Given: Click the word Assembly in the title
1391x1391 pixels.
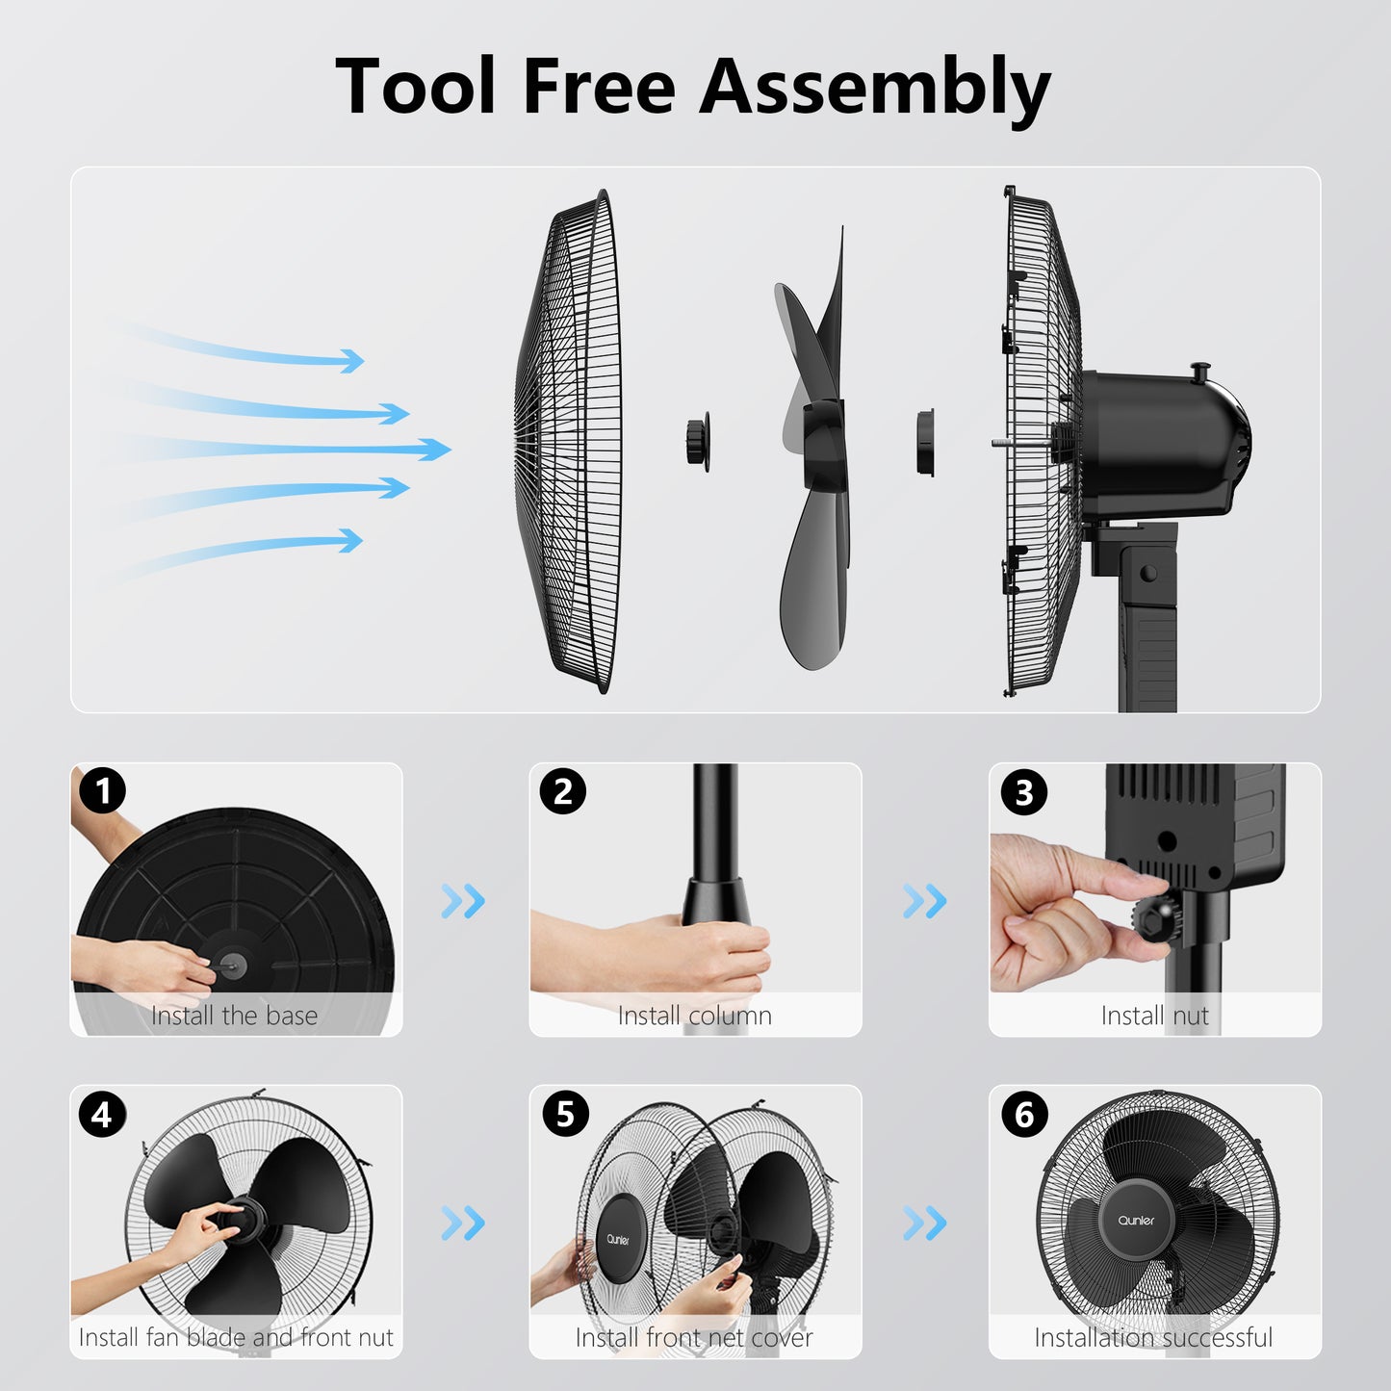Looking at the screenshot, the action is [875, 88].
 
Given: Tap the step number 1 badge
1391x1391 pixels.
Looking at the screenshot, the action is [102, 790].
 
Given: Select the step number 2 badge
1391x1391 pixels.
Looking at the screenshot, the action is [563, 791].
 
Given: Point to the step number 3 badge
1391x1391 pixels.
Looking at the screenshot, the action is [1023, 792].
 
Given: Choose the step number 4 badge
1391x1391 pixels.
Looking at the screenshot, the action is [102, 1115].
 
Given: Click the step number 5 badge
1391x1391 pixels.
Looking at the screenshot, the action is [565, 1113].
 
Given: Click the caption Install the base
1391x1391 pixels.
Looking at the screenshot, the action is [235, 1016].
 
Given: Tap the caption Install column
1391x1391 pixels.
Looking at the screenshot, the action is [694, 1016].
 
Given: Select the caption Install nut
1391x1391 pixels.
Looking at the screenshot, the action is [1155, 1016].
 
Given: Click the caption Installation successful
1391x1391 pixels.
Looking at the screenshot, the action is [1153, 1338].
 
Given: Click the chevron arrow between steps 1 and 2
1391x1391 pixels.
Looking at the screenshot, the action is [463, 901].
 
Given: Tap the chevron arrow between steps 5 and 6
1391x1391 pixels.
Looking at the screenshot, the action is [925, 1223].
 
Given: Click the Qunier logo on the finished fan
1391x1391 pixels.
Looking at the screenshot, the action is [1136, 1221].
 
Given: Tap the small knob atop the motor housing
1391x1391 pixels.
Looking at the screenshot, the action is [1199, 374].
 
